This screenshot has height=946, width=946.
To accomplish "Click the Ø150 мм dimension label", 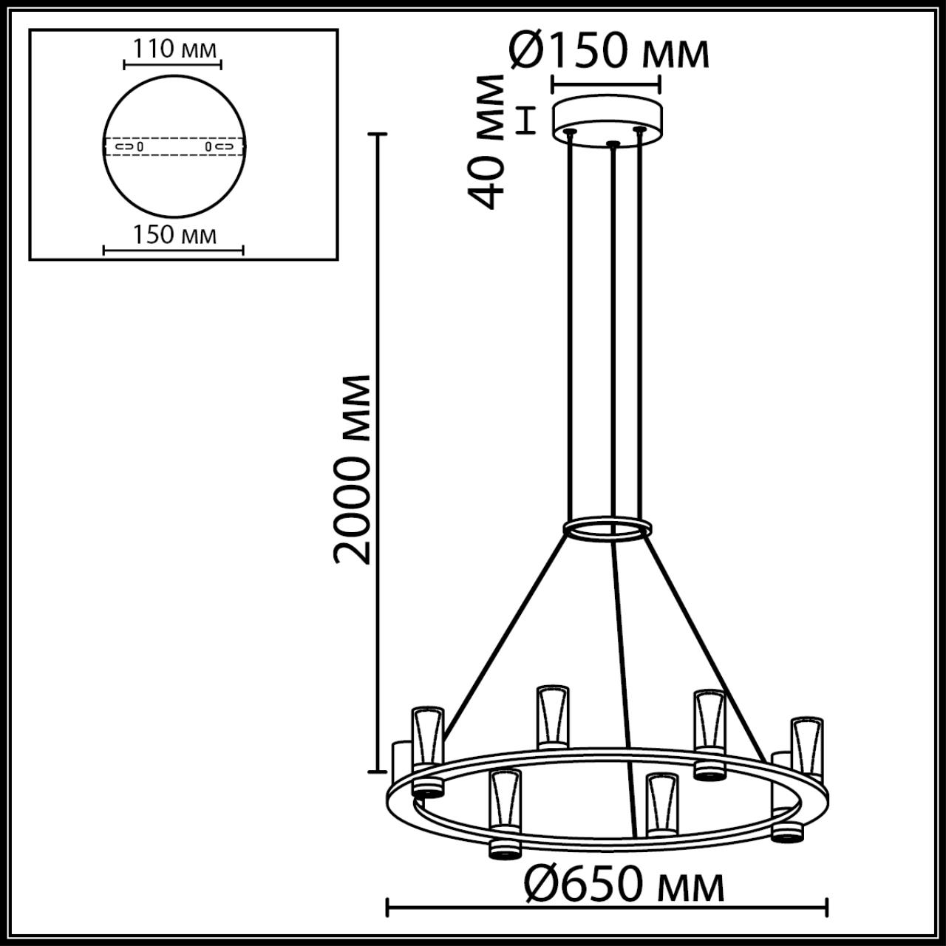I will point(610,52).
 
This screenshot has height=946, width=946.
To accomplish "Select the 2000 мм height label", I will point(352,469).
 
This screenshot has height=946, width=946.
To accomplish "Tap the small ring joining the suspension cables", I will point(607,529).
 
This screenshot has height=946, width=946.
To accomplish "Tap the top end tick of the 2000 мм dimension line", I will point(378,135).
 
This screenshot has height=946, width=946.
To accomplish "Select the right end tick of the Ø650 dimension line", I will point(826,907).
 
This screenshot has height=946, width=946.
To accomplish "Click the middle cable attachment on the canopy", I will point(610,143).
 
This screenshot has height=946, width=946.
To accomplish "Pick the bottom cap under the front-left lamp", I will point(505,850).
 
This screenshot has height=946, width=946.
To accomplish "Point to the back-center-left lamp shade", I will point(553,717).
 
